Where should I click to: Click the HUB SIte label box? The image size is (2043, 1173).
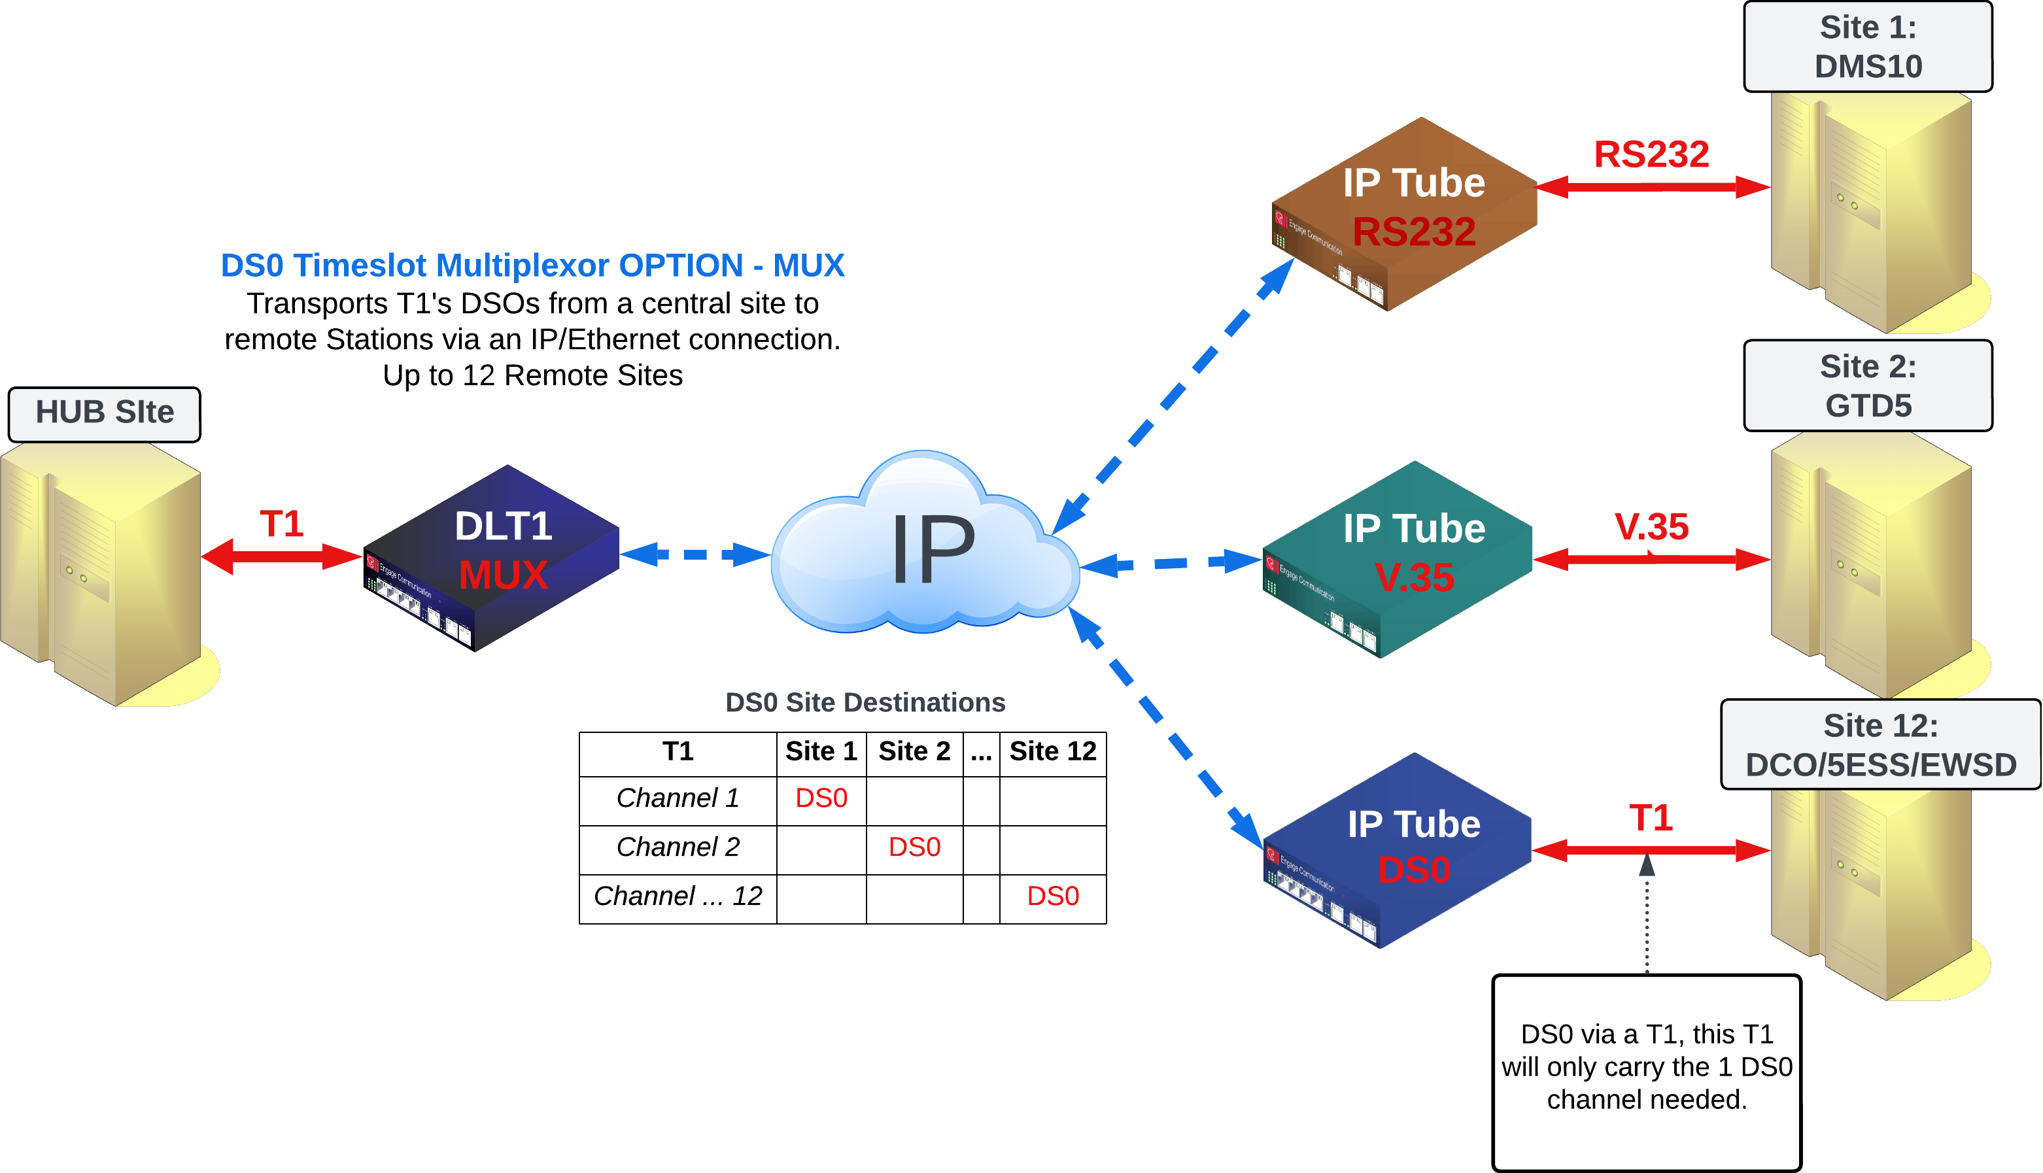(x=105, y=413)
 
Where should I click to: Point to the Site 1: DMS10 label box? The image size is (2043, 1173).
(x=1867, y=46)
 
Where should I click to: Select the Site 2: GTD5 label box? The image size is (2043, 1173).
(x=1867, y=386)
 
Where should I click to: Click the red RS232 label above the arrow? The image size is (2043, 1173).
(x=1651, y=154)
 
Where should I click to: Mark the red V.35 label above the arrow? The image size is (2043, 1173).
(x=1651, y=527)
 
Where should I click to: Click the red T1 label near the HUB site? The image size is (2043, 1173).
(x=281, y=524)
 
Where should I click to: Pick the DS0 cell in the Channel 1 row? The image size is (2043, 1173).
(x=821, y=798)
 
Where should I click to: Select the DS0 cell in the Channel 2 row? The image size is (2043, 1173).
(x=914, y=847)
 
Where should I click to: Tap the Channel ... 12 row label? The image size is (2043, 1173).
(x=678, y=896)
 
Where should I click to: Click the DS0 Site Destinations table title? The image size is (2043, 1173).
(x=865, y=702)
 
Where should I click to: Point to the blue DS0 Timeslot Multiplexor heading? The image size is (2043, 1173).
(x=532, y=265)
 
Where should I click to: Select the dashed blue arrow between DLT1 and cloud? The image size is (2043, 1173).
(x=695, y=554)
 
